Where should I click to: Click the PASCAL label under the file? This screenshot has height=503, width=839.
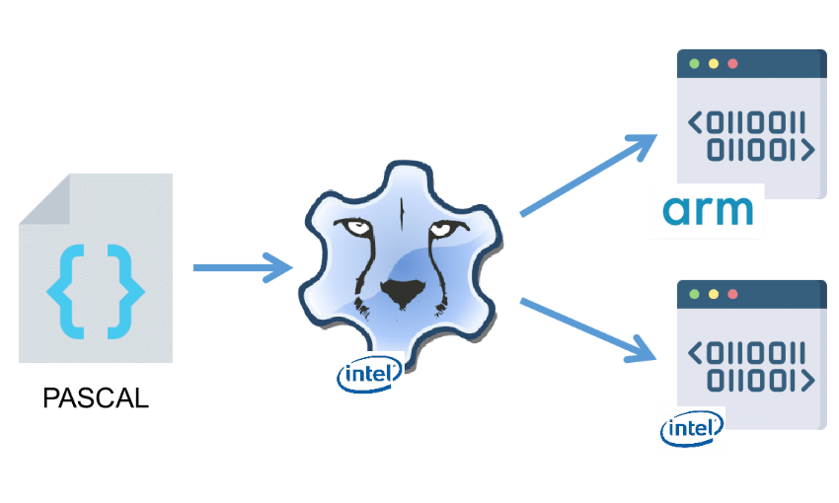point(96,398)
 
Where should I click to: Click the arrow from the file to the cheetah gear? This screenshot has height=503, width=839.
point(242,267)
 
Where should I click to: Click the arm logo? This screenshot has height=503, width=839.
point(708,210)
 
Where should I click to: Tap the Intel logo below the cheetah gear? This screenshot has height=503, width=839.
point(369,375)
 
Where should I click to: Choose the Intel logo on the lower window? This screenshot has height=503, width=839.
point(691,429)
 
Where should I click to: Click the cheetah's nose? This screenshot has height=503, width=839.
point(401,291)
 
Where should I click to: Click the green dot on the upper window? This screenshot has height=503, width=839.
point(695,64)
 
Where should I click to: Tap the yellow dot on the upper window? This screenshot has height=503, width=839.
point(714,64)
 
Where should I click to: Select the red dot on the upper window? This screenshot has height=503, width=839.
point(732,64)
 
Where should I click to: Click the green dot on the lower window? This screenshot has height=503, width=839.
point(695,294)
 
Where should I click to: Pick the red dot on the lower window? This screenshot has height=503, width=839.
point(732,294)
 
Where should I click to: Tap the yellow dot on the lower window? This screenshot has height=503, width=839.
point(714,294)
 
